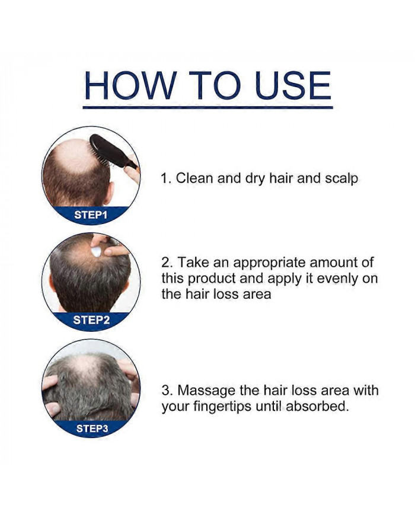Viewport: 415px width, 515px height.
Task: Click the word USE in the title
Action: coord(293,85)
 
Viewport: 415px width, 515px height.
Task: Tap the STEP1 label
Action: coord(91,215)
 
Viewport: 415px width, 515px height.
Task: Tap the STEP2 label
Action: coord(91,319)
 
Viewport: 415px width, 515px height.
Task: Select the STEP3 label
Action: coord(92,428)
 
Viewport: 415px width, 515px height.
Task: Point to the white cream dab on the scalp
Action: coord(96,252)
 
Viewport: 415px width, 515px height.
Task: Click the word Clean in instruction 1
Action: coord(195,178)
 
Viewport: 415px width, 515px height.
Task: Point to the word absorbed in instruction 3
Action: coord(317,407)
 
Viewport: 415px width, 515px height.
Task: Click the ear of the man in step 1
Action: coord(110,194)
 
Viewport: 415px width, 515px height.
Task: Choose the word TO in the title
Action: coord(215,85)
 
